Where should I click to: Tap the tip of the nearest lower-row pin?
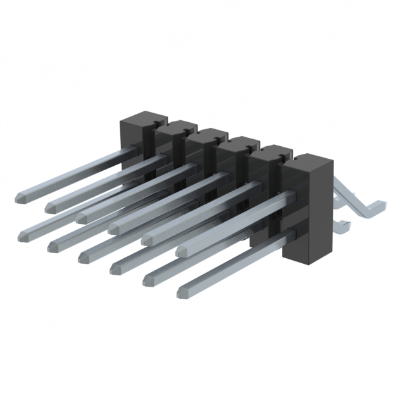pyautogui.click(x=182, y=292)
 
